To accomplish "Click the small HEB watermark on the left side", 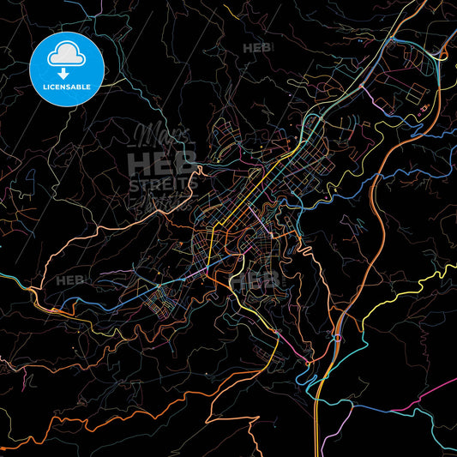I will click(x=69, y=280).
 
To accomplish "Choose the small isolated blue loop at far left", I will click(x=31, y=179).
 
